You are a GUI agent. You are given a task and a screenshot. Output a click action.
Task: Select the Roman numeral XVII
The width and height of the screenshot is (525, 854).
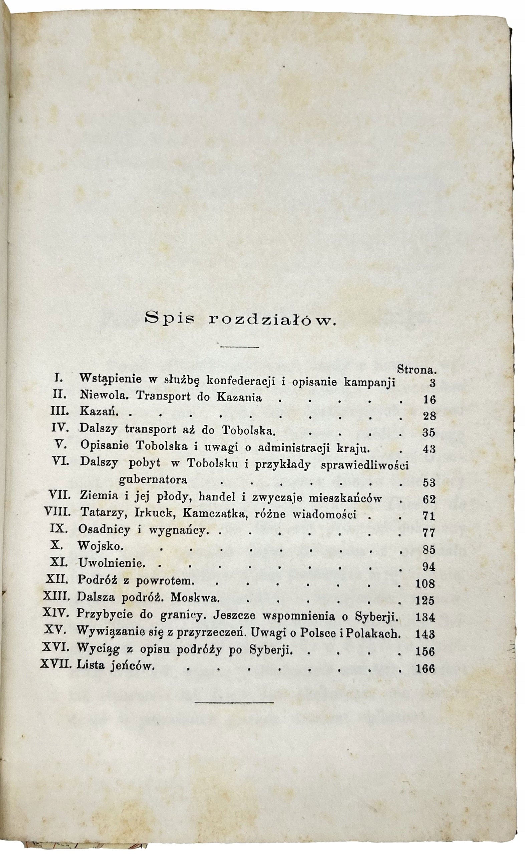tap(56, 664)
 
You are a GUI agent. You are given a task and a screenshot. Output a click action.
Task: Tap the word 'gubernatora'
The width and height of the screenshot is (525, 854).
tap(153, 480)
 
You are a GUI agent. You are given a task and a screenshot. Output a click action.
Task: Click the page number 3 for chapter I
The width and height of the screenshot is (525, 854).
tap(432, 383)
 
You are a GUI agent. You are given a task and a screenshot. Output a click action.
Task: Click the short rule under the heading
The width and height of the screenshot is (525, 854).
tap(240, 346)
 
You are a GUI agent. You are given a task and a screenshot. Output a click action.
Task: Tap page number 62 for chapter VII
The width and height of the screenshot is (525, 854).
tap(429, 499)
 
